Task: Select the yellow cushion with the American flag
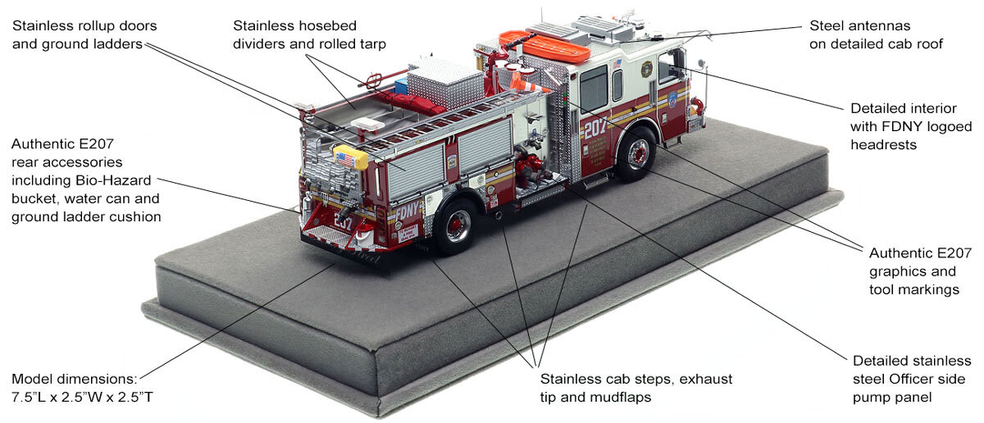[x=350, y=157]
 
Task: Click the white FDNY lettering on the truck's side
[x=407, y=212]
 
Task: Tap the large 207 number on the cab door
[x=596, y=128]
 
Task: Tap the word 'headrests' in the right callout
[x=882, y=144]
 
